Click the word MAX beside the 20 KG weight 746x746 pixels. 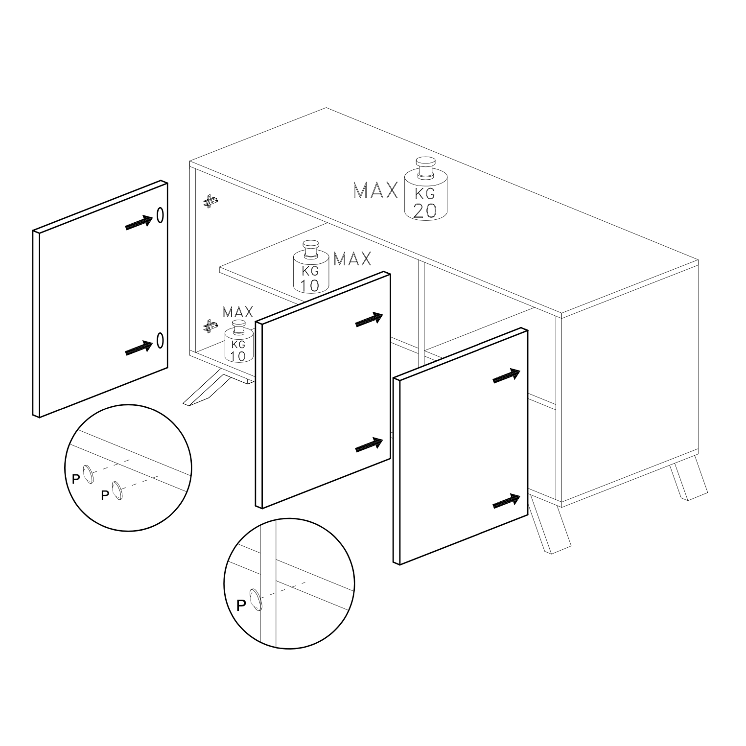(375, 191)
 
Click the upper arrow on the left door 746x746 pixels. (140, 222)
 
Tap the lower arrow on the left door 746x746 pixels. (140, 348)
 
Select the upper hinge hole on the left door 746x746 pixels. (160, 214)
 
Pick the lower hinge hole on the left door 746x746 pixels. (160, 340)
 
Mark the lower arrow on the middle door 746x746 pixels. (369, 445)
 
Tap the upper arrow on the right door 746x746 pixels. (507, 375)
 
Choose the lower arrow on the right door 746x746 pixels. (507, 501)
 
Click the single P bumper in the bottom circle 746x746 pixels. (256, 600)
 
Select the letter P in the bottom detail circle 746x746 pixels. (241, 606)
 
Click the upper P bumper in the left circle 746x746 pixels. (88, 474)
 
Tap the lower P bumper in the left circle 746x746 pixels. (117, 490)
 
